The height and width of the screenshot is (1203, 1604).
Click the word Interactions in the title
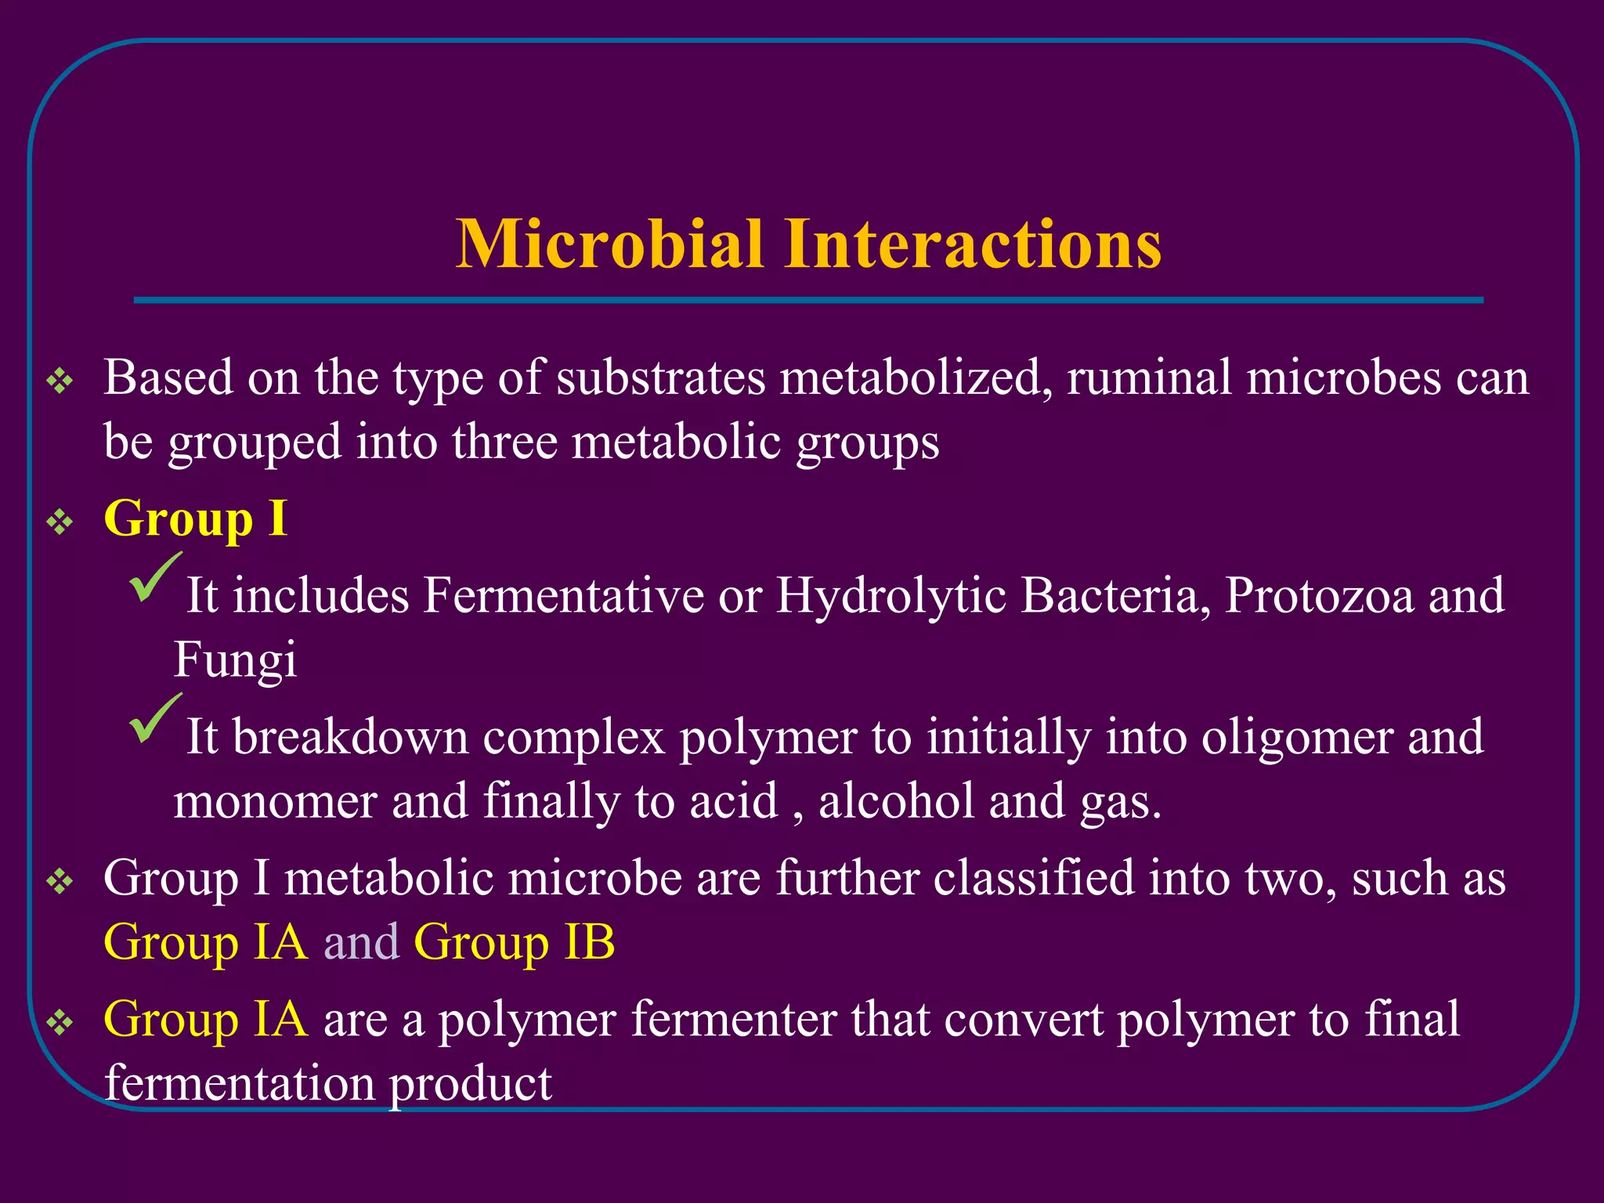coord(973,244)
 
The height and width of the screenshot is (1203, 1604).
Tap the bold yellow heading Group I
coord(195,518)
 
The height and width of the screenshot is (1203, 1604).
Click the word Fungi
coord(235,659)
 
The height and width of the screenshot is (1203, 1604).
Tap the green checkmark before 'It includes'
coord(155,578)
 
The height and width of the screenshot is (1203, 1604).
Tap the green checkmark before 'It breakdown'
coord(155,719)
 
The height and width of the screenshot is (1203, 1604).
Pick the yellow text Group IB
coord(514,942)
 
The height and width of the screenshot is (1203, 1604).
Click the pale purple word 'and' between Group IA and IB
coord(361,942)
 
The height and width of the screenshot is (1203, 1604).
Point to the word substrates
coord(660,378)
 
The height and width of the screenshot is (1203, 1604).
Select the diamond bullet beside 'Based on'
coord(60,382)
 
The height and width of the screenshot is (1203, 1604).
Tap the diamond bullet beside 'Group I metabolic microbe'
coord(60,883)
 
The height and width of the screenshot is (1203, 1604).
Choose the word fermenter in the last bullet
coord(733,1020)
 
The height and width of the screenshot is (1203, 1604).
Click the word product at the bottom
coord(470,1084)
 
